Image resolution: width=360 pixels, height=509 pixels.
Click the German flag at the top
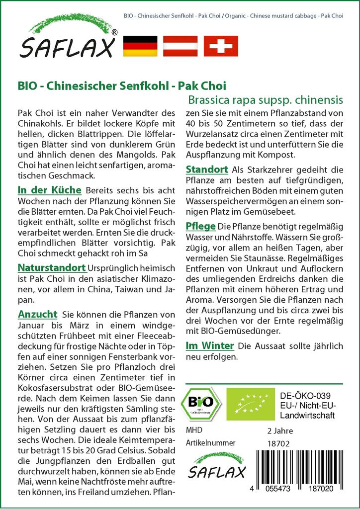(140, 46)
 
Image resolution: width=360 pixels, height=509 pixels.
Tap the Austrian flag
(181, 46)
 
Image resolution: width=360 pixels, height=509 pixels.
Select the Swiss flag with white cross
(221, 46)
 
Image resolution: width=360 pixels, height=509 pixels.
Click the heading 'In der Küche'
(49, 190)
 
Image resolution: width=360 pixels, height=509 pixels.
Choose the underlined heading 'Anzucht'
(37, 315)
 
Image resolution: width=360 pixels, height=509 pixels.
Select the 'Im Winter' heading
(210, 345)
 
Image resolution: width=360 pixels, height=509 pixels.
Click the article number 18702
(277, 442)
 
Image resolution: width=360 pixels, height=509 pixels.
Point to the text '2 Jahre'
(280, 430)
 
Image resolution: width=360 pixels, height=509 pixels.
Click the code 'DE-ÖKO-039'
(302, 396)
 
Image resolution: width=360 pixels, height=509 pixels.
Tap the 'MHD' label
(194, 430)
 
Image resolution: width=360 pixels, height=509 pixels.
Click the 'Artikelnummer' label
(210, 442)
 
